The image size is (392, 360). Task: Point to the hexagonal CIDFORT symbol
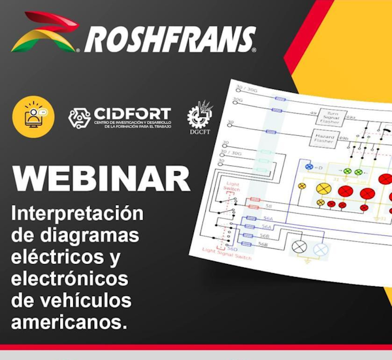tap(80, 118)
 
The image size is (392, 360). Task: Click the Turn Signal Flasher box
tap(331, 117)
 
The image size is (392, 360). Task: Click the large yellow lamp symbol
tap(323, 189)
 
